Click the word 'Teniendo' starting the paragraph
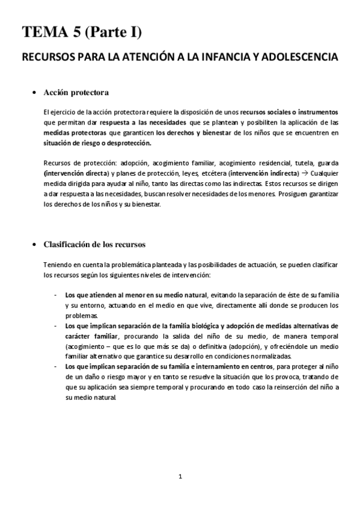(58, 265)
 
